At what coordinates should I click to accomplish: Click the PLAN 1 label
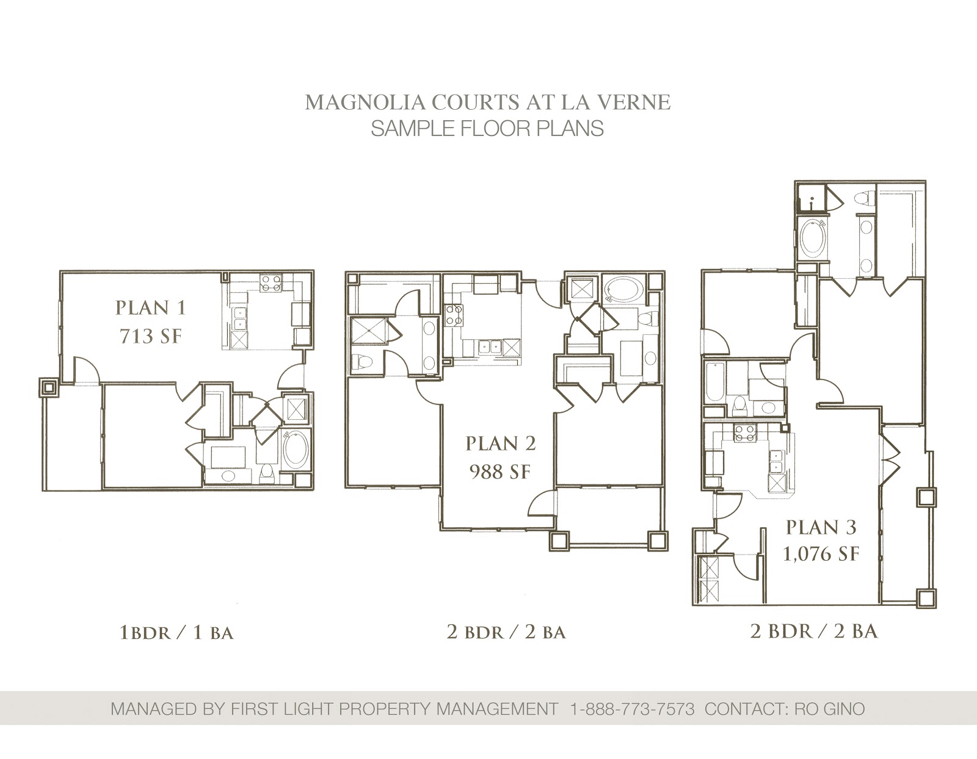tap(151, 308)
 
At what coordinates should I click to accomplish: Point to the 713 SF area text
tap(151, 336)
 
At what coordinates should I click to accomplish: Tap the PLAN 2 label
tap(501, 444)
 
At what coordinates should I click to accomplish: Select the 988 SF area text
tap(501, 472)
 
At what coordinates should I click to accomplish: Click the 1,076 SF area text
tap(821, 554)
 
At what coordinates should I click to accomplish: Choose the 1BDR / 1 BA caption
tap(176, 633)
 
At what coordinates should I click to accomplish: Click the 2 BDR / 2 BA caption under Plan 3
tap(814, 631)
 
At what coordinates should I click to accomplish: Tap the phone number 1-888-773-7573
tap(632, 709)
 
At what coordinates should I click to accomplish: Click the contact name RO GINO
tap(829, 709)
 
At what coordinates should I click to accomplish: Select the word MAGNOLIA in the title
tap(365, 103)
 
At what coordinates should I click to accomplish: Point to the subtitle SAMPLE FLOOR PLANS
tap(487, 129)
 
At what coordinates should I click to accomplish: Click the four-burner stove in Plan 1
tap(272, 283)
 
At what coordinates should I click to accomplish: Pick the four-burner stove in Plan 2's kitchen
tap(453, 314)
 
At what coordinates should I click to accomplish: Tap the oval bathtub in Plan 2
tap(622, 289)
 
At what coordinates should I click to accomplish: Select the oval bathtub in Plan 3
tap(813, 237)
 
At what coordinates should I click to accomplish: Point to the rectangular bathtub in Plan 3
tap(715, 383)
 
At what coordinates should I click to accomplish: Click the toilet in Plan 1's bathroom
tap(267, 473)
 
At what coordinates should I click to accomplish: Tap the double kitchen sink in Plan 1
tap(239, 317)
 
